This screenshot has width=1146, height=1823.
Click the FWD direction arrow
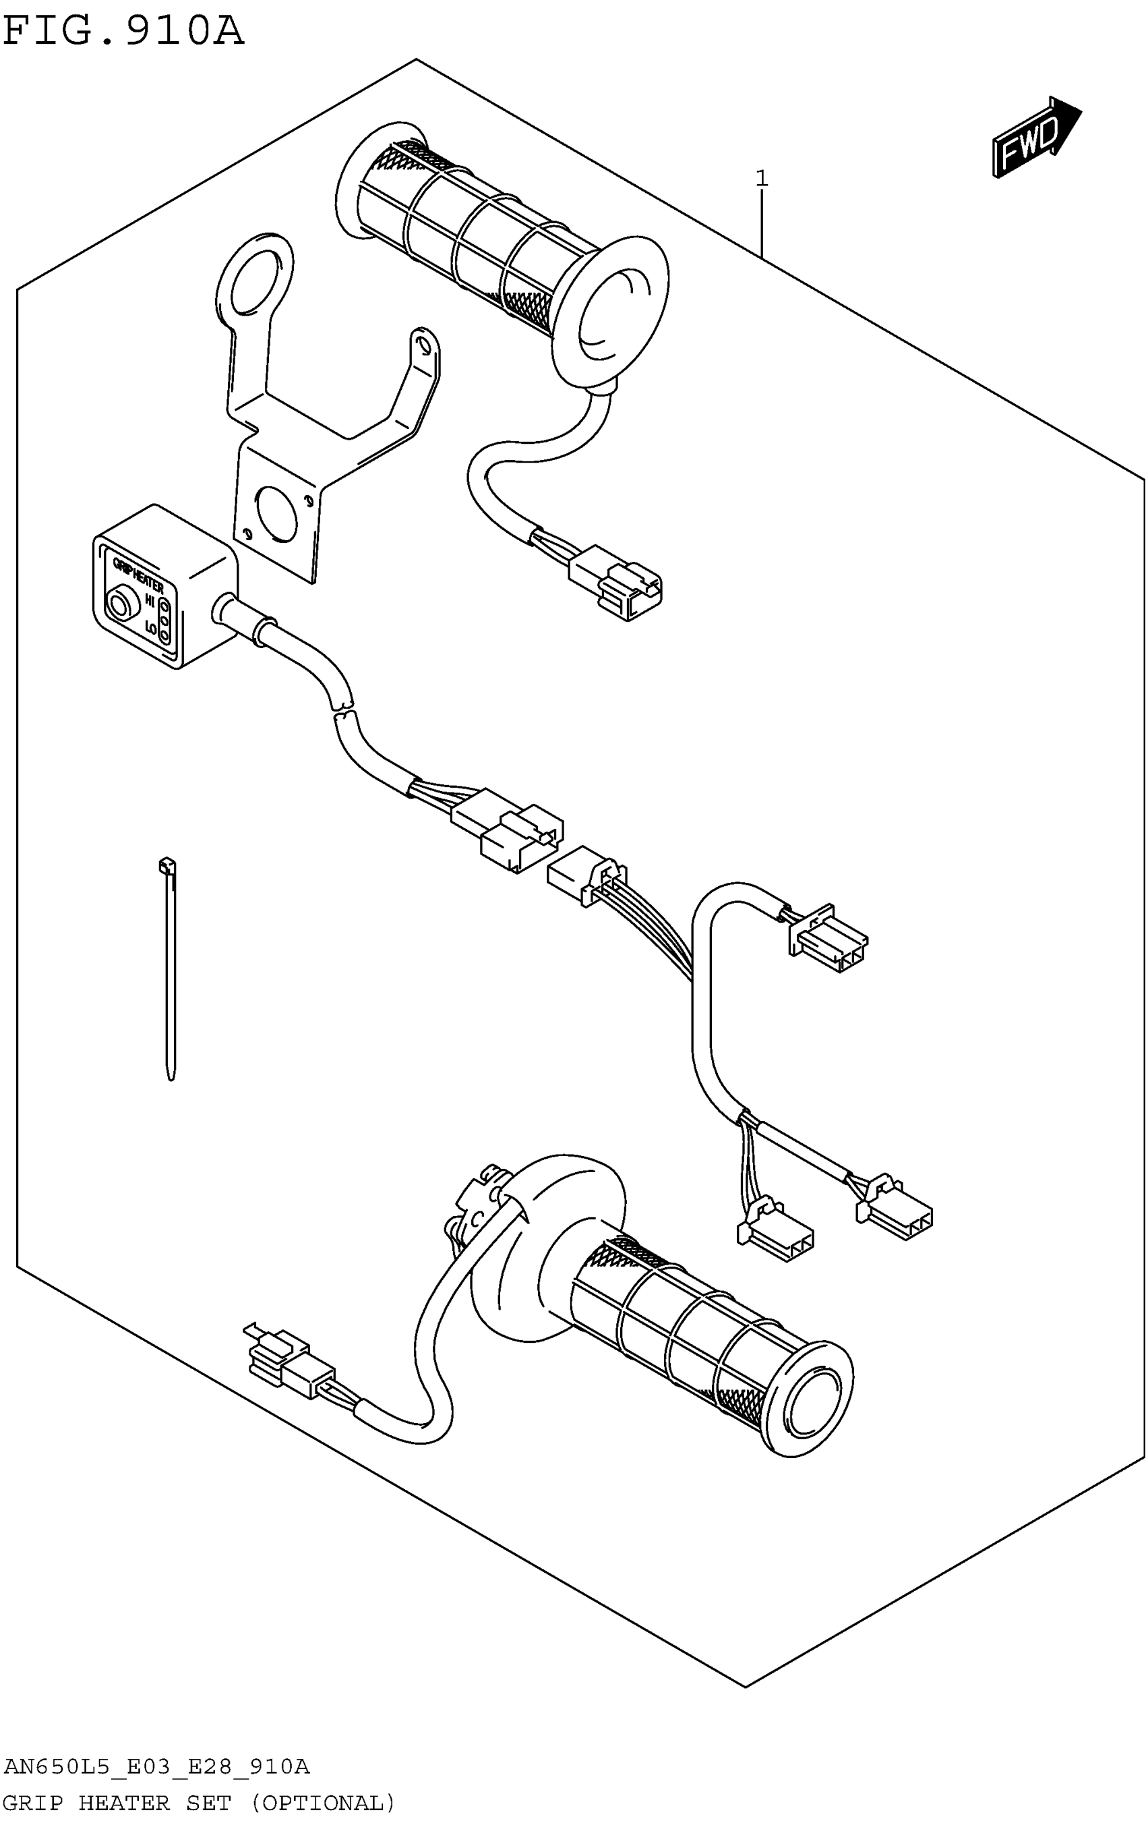point(1035,138)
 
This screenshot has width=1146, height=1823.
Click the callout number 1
point(762,179)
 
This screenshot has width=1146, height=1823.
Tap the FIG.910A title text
point(123,32)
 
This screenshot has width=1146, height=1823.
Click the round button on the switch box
point(119,605)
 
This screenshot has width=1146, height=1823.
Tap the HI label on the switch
point(150,602)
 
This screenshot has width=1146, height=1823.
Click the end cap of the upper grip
point(613,318)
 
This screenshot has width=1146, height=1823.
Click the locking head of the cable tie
point(167,865)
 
